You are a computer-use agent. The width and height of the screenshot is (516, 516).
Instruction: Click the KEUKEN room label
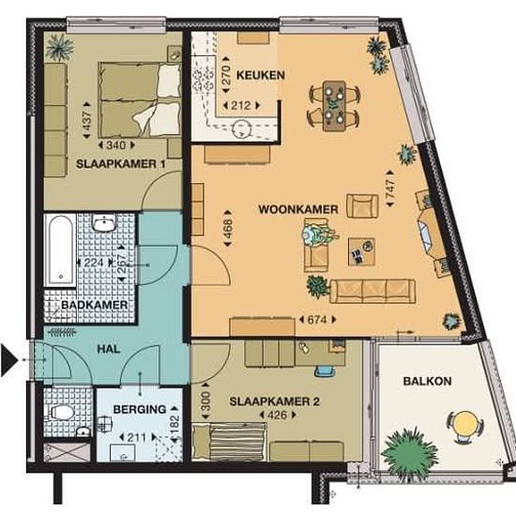[261, 75]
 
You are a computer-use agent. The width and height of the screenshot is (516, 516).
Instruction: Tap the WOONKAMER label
[298, 209]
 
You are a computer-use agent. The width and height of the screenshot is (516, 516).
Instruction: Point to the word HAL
[109, 349]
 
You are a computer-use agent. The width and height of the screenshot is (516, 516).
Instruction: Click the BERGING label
[140, 409]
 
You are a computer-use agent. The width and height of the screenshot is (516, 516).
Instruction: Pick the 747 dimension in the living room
[390, 189]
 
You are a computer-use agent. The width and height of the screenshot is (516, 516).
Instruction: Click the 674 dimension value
[317, 320]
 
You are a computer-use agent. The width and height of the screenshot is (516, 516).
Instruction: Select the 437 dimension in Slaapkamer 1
[86, 120]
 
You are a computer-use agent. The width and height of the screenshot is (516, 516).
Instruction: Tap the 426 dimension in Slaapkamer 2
[278, 415]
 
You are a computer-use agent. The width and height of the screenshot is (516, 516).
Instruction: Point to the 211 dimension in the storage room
[137, 438]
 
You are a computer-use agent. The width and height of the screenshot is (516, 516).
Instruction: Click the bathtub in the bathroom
[61, 250]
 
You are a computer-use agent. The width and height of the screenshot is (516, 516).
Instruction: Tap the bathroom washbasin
[103, 223]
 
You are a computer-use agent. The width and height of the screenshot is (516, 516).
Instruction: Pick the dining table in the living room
[334, 106]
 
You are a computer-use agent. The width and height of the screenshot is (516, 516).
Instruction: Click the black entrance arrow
[8, 360]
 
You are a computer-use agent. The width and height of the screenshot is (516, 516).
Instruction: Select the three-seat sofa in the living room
[372, 291]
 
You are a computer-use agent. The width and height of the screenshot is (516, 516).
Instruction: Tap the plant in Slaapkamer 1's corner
[59, 48]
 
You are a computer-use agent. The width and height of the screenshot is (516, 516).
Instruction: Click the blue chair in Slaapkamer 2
[325, 371]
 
